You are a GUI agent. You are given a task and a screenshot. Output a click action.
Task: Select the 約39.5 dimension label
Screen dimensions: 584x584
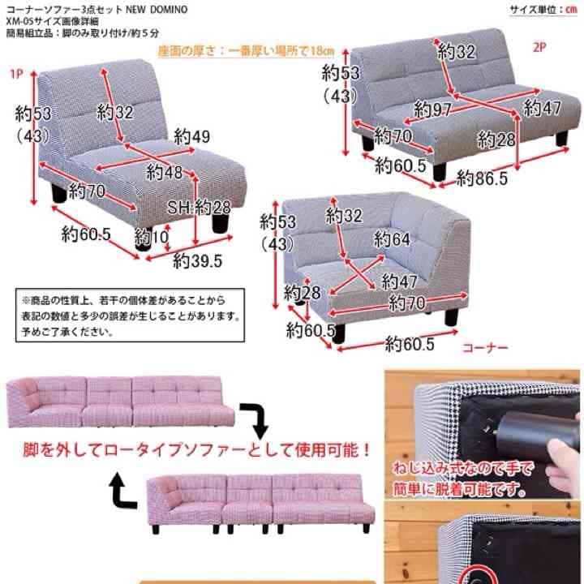point(197,260)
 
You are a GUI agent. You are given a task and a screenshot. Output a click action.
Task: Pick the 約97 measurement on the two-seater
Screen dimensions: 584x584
point(432,109)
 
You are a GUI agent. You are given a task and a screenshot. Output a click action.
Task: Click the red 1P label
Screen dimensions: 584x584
point(15,75)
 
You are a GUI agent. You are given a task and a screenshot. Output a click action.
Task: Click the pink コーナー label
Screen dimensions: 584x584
point(485,347)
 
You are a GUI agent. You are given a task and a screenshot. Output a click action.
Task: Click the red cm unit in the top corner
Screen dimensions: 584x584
point(571,10)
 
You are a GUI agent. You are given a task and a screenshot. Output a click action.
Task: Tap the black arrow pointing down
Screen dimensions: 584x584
point(258,420)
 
